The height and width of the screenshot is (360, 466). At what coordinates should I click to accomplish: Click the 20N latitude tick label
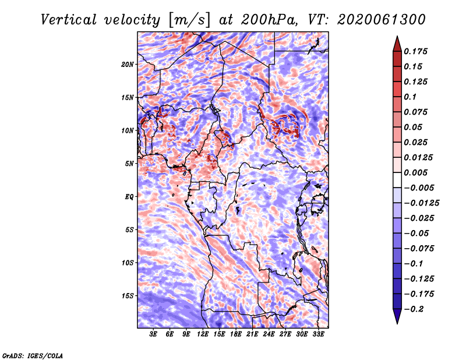click(128, 64)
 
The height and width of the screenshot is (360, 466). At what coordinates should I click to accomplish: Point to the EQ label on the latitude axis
click(129, 197)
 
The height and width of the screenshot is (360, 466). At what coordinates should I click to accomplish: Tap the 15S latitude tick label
click(128, 296)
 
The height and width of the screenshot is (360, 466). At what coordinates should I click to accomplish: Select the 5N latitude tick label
click(129, 164)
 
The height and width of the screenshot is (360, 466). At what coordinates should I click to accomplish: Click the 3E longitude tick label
click(153, 334)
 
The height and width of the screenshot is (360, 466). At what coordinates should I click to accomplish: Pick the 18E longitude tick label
click(236, 334)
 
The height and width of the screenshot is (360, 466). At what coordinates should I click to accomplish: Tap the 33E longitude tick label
click(318, 334)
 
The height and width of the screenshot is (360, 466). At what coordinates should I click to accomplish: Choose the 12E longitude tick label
click(203, 334)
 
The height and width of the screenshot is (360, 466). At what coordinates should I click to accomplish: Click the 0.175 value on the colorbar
click(415, 51)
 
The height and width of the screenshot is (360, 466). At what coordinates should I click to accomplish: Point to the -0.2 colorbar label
click(414, 309)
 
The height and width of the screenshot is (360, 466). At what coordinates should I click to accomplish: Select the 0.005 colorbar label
click(415, 172)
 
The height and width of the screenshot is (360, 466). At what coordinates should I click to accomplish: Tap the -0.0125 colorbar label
click(421, 203)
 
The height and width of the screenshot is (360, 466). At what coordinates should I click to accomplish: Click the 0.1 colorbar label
click(410, 97)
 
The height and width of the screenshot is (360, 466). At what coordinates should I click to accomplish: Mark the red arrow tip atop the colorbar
click(397, 36)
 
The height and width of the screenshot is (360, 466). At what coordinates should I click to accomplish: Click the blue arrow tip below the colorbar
click(397, 323)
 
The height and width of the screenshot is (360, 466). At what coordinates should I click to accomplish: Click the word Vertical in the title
click(69, 20)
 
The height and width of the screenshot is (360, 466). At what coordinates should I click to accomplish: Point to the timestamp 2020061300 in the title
click(382, 20)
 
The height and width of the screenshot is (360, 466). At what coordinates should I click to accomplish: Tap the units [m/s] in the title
click(189, 20)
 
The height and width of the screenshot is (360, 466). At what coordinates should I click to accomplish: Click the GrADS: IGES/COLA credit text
click(33, 355)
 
